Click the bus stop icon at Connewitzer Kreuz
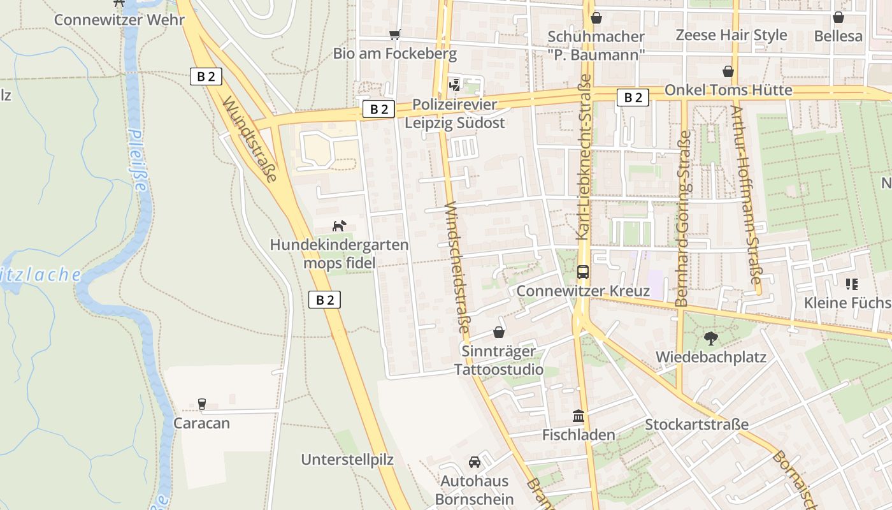click(582, 272)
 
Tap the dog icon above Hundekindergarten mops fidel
click(339, 226)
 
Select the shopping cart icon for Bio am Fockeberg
click(394, 34)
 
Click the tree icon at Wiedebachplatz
click(710, 339)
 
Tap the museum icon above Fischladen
click(579, 416)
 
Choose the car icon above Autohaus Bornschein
click(474, 462)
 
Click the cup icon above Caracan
click(201, 404)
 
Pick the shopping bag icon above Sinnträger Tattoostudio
click(498, 332)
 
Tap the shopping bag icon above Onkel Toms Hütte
click(728, 71)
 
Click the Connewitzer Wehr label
click(119, 20)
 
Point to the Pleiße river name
click(138, 160)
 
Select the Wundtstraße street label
click(250, 138)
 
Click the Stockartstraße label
click(696, 425)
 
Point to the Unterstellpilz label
click(347, 460)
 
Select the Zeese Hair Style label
click(731, 35)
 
